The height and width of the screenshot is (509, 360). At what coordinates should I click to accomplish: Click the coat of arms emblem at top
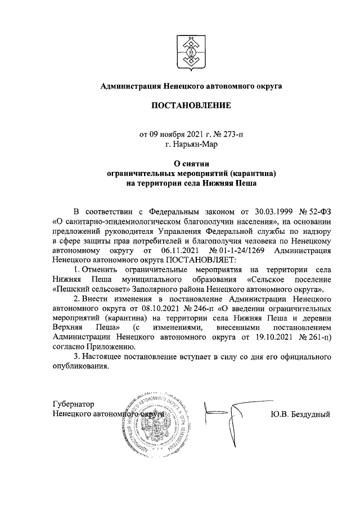pyautogui.click(x=190, y=49)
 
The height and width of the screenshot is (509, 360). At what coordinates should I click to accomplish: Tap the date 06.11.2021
pyautogui.click(x=181, y=250)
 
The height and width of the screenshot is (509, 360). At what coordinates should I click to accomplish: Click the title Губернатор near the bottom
pyautogui.click(x=73, y=405)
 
